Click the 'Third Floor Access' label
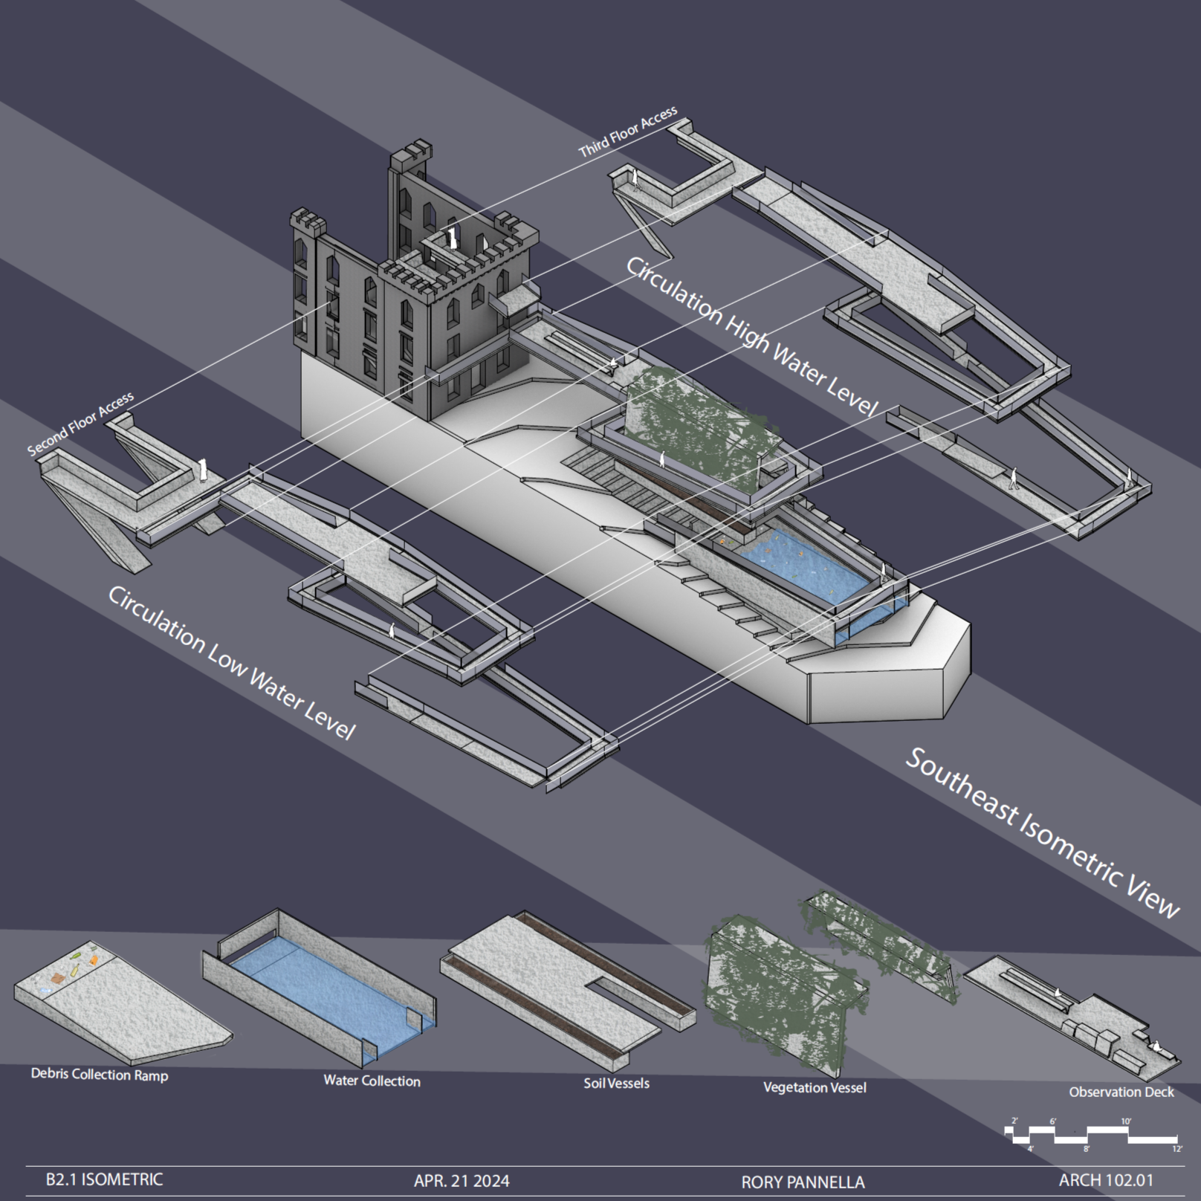click(628, 132)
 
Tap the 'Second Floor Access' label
click(80, 424)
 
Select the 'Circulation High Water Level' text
click(751, 337)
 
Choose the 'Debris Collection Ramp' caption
click(100, 1075)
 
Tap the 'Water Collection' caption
click(372, 1081)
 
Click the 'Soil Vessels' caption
click(616, 1083)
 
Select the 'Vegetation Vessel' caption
click(815, 1087)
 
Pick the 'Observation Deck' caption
click(1121, 1092)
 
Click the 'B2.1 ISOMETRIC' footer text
click(104, 1179)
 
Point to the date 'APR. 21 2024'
click(462, 1181)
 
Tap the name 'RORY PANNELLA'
click(803, 1182)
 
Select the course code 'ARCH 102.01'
click(1106, 1179)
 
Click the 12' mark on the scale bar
click(1176, 1149)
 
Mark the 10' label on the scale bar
click(1126, 1121)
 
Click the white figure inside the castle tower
click(452, 238)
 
